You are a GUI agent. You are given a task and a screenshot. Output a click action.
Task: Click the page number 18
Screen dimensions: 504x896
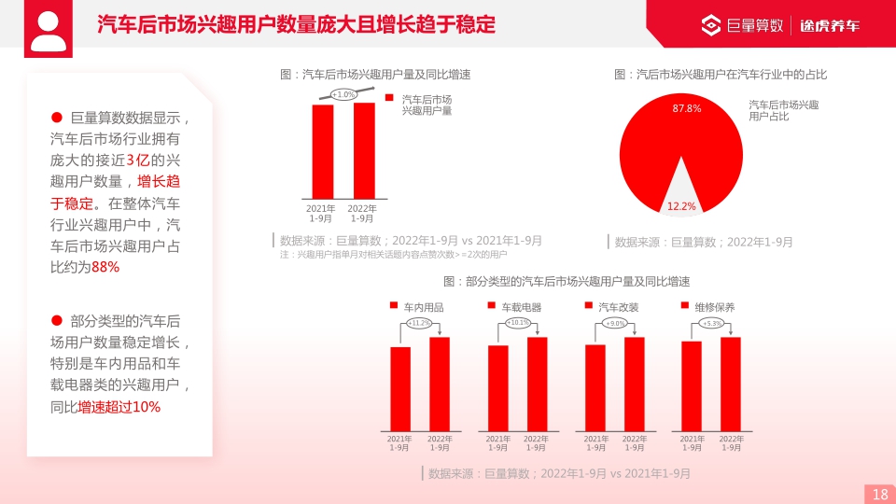(879, 495)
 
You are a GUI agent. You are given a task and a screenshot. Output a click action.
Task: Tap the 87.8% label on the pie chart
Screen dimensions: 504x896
(687, 109)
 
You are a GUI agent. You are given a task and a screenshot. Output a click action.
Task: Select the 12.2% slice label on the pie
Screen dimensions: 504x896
(681, 206)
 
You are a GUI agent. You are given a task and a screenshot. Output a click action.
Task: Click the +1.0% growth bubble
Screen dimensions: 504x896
(344, 94)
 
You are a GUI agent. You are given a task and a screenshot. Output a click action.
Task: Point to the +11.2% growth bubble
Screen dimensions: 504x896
(420, 323)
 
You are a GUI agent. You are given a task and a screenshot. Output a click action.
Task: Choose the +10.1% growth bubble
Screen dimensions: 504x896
(518, 323)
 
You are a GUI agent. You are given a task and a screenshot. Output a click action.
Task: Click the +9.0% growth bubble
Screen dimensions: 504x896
(615, 323)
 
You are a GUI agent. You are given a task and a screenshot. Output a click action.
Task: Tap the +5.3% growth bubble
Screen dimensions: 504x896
(712, 323)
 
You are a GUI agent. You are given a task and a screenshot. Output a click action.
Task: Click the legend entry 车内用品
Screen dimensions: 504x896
(422, 307)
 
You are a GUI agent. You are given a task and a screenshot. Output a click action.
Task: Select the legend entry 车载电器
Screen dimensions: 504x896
(520, 307)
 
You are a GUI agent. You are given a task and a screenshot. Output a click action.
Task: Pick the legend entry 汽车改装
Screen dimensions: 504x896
(617, 307)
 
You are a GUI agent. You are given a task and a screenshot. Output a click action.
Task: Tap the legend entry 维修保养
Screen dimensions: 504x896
(714, 307)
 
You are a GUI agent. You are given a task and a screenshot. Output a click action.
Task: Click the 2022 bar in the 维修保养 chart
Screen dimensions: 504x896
(731, 384)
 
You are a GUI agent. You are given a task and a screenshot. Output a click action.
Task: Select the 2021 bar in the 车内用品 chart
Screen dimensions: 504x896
(400, 388)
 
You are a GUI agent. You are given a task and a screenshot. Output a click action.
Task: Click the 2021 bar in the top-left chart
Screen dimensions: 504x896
(323, 151)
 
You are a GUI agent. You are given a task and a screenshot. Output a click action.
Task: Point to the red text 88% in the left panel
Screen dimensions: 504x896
(105, 267)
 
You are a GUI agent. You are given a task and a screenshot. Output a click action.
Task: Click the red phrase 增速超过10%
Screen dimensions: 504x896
(119, 407)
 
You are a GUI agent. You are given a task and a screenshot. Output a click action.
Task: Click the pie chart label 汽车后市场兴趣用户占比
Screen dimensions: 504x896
(783, 110)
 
